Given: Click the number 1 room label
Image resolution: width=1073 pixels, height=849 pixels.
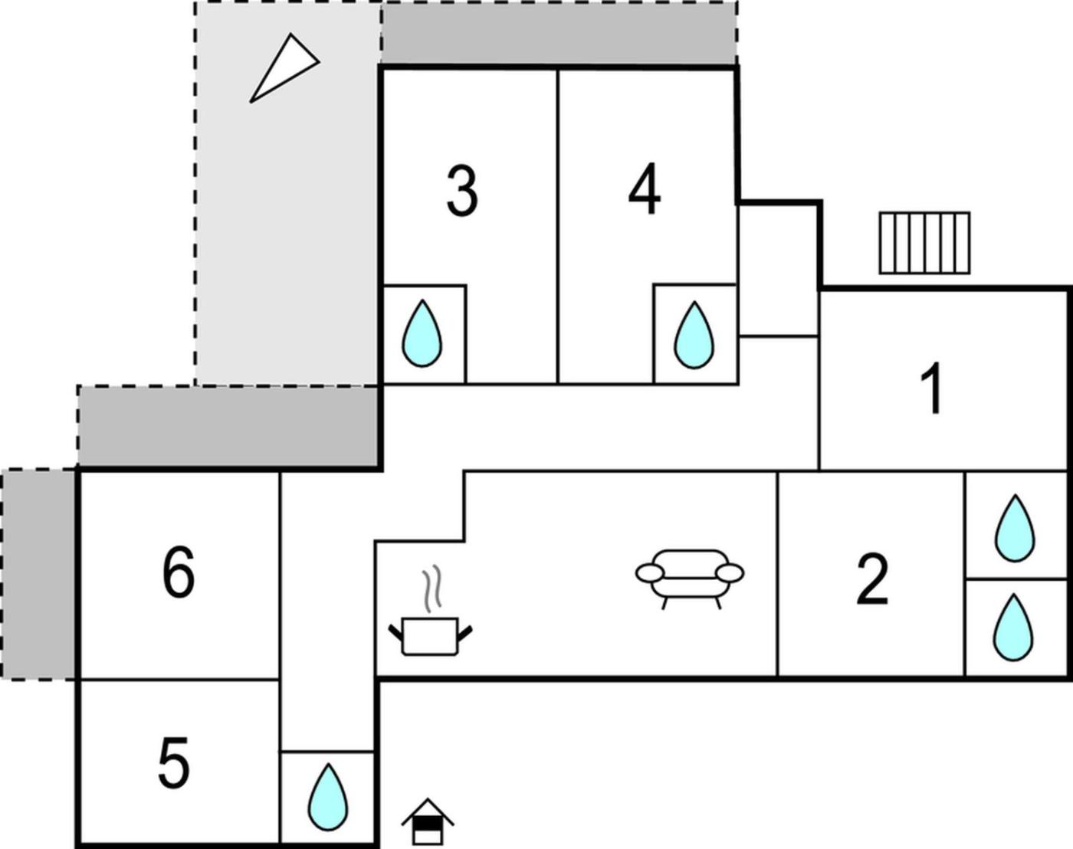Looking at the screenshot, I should click(x=932, y=390).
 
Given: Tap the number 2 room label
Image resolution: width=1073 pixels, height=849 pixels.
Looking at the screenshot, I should click(x=872, y=579).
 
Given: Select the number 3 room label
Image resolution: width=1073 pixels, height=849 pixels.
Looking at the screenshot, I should click(x=462, y=192).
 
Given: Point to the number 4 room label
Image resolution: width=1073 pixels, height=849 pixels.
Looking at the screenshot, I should click(x=645, y=191).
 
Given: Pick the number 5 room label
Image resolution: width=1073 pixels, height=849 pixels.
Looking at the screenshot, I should click(x=174, y=763).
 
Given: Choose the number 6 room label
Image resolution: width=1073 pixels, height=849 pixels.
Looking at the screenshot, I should click(x=179, y=572).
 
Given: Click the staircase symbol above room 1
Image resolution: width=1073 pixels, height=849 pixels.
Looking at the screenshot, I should click(x=924, y=243).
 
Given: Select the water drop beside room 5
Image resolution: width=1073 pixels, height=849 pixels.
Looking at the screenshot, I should click(x=327, y=798).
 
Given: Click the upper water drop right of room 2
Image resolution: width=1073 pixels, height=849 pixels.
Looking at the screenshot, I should click(x=1014, y=528).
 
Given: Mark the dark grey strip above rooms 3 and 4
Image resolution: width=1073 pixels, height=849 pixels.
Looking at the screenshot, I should click(x=559, y=33).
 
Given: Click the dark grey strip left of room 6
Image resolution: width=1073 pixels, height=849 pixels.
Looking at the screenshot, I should click(x=38, y=574).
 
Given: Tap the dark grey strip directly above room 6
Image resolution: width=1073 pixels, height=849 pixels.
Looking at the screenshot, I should click(x=228, y=426).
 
